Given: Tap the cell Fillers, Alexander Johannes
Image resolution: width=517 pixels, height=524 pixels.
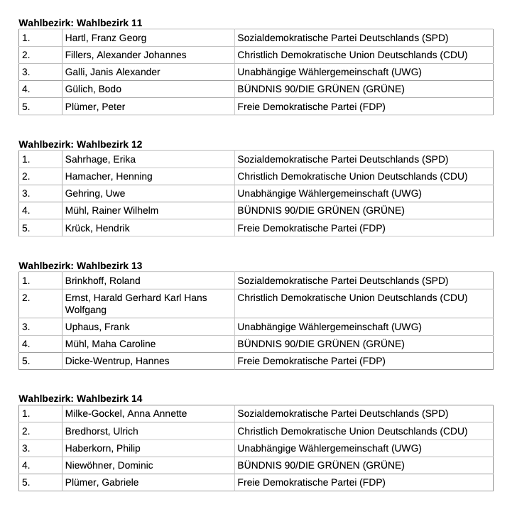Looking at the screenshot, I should [125, 55].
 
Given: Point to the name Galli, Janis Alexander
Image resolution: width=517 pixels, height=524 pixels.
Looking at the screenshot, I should [112, 72].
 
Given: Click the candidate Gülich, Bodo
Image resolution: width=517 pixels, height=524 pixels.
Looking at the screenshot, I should [93, 89].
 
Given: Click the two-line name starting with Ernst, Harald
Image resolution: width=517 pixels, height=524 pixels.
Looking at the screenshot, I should [136, 304].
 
